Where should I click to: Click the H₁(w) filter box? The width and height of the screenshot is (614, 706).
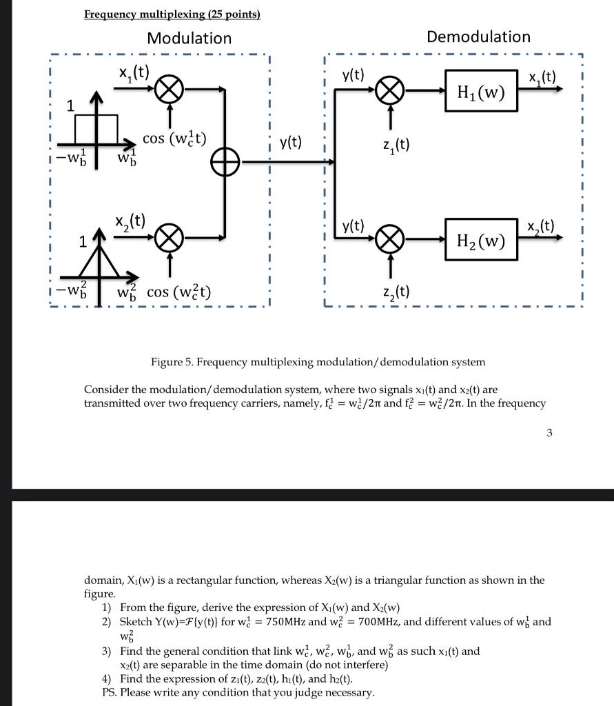(481, 90)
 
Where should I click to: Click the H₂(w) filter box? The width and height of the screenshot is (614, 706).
(481, 241)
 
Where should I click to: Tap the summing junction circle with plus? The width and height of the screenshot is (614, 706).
(225, 163)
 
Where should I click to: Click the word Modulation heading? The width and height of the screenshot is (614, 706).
(189, 38)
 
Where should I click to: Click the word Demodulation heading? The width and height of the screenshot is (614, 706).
(478, 37)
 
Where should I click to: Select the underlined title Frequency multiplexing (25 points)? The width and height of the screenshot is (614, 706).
(172, 14)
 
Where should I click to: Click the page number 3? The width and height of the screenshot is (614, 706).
(549, 433)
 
